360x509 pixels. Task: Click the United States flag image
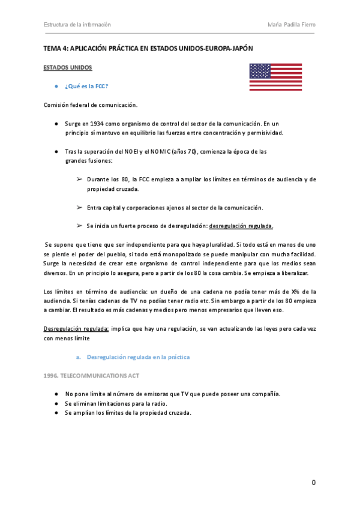(x=275, y=77)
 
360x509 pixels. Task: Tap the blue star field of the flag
(x=260, y=71)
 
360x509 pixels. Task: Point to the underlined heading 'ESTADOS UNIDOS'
(x=68, y=68)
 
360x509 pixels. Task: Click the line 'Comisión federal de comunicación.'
(x=91, y=105)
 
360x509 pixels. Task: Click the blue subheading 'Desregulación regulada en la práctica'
(x=138, y=357)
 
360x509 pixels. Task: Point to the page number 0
(x=313, y=483)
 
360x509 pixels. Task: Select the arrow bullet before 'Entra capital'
(x=79, y=207)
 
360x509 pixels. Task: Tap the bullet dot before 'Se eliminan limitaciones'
(x=56, y=403)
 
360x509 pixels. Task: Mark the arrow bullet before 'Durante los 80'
(x=79, y=179)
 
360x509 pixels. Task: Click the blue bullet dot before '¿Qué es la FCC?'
(x=56, y=86)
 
